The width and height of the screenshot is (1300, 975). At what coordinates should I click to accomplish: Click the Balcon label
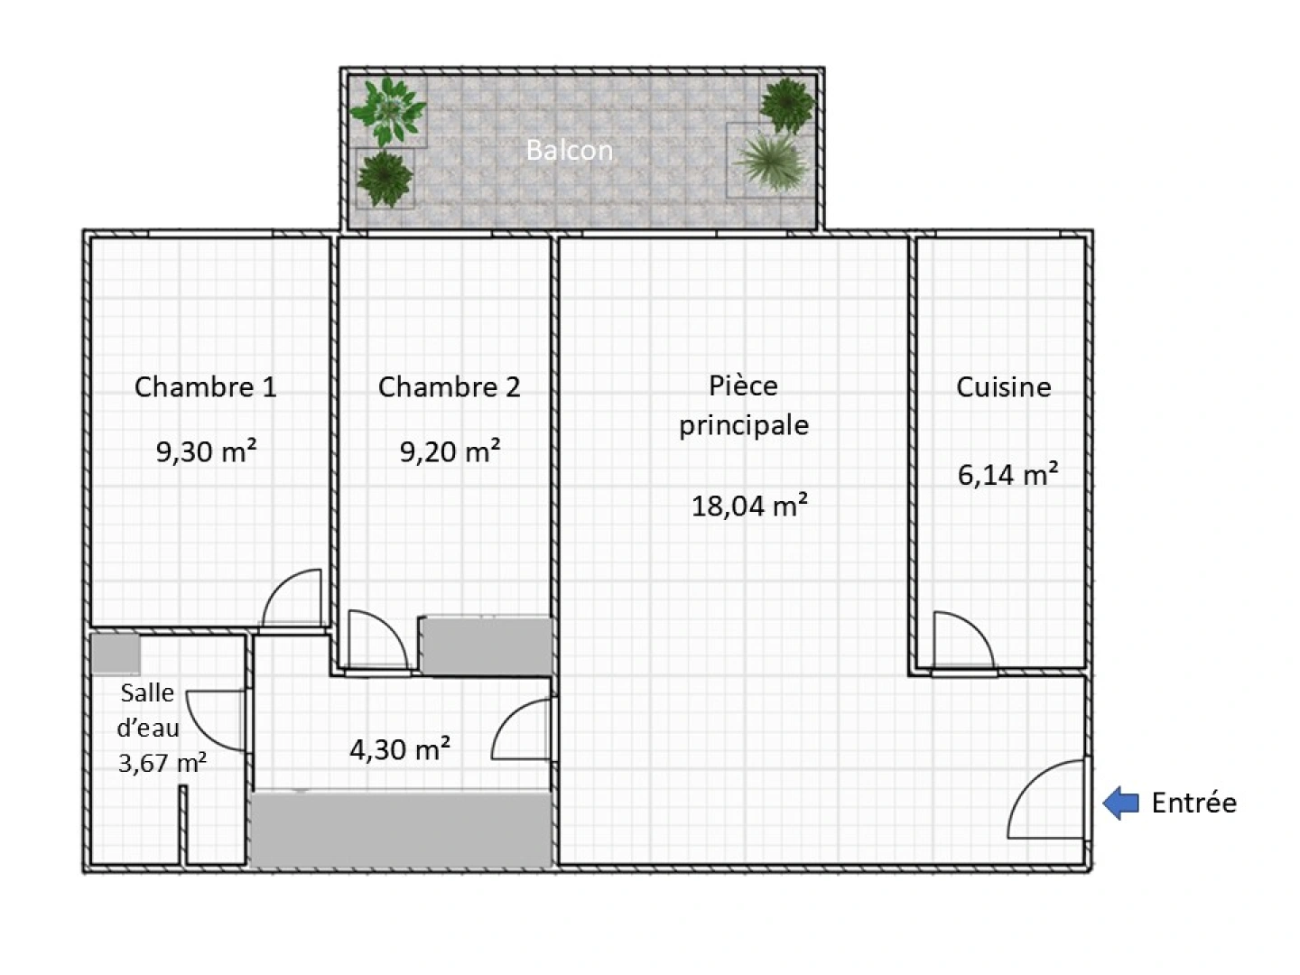pyautogui.click(x=569, y=150)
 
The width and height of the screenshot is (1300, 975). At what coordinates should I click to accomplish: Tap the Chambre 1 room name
pyautogui.click(x=205, y=387)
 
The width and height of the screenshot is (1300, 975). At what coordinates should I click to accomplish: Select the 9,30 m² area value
pyautogui.click(x=206, y=450)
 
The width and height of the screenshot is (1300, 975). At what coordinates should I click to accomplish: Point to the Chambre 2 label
pyautogui.click(x=449, y=387)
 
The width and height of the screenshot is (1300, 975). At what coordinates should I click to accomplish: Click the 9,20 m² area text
pyautogui.click(x=450, y=450)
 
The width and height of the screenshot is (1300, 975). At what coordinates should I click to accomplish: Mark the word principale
pyautogui.click(x=743, y=425)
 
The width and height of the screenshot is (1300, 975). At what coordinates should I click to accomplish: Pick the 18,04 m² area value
pyautogui.click(x=748, y=505)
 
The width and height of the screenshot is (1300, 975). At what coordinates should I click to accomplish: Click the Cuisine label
pyautogui.click(x=1003, y=387)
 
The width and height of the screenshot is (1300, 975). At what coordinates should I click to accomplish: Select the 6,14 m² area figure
pyautogui.click(x=1007, y=473)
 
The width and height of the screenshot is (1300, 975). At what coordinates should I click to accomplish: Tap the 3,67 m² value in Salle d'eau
pyautogui.click(x=162, y=763)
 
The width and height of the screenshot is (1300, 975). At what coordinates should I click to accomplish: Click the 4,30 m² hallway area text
pyautogui.click(x=400, y=748)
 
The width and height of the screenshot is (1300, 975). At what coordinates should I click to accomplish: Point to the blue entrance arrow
pyautogui.click(x=1120, y=803)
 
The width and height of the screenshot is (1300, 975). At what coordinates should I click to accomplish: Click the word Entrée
pyautogui.click(x=1193, y=803)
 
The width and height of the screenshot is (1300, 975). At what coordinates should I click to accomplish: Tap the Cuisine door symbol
pyautogui.click(x=962, y=642)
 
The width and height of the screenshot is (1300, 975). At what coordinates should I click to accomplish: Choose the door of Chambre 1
pyautogui.click(x=292, y=599)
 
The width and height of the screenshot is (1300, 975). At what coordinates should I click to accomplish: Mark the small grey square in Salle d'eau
pyautogui.click(x=115, y=653)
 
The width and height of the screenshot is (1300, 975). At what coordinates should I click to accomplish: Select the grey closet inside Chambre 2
pyautogui.click(x=487, y=645)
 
